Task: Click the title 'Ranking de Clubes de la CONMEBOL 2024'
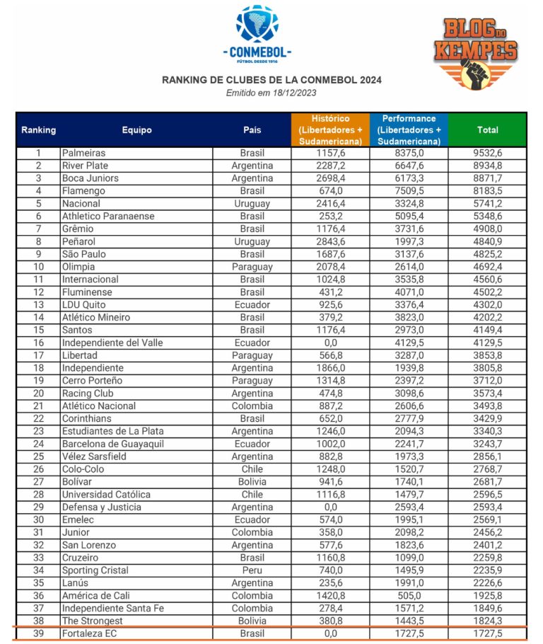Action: [x=271, y=80]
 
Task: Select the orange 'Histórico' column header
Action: [x=330, y=130]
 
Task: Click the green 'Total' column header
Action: [x=487, y=130]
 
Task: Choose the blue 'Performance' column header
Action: [x=409, y=130]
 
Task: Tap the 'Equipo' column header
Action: [x=136, y=130]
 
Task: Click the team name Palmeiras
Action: [x=83, y=153]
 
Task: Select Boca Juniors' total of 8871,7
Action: [x=487, y=178]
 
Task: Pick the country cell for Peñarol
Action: [x=252, y=241]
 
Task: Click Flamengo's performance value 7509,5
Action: [x=409, y=190]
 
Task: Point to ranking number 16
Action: [x=38, y=343]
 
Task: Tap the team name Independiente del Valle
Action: [x=112, y=343]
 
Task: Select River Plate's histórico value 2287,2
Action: [x=330, y=166]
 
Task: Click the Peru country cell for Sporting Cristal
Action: [x=252, y=570]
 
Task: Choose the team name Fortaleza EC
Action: [x=89, y=633]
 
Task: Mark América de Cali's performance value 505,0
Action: [x=409, y=596]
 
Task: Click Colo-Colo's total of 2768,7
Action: [x=487, y=469]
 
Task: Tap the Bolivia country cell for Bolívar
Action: [x=252, y=482]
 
